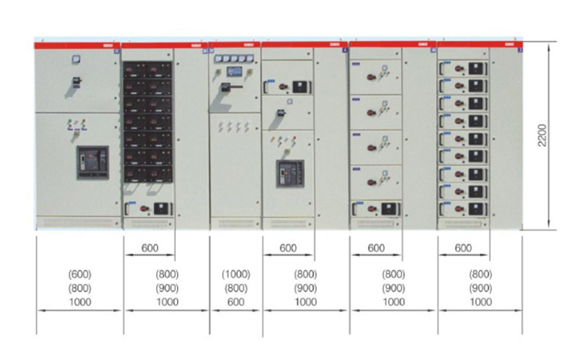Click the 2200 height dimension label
542,135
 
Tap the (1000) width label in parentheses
236,274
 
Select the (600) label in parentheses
80,274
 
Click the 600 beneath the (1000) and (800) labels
236,302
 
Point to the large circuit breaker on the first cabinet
93,163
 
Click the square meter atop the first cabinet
76,59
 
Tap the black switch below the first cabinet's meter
76,81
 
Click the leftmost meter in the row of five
218,58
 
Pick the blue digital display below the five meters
234,71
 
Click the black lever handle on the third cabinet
231,87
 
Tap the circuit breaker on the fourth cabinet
290,174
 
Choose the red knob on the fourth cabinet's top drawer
283,87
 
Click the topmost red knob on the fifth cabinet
371,78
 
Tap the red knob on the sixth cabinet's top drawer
459,68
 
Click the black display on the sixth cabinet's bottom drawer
476,209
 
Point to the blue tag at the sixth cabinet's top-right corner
520,50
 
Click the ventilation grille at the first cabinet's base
78,223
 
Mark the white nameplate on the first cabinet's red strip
108,45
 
